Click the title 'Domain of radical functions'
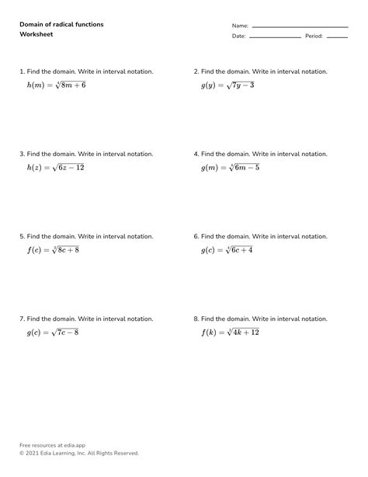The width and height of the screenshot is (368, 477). point(61,25)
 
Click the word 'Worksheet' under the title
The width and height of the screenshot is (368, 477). point(36,36)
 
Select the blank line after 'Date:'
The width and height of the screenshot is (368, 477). point(275,37)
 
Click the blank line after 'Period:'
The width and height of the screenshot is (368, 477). point(337,37)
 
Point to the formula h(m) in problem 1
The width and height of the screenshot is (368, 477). point(56,85)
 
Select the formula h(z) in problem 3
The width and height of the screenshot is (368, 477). point(55,167)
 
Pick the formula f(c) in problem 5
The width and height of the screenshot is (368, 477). point(54,250)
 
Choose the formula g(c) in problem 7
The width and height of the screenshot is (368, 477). point(53,333)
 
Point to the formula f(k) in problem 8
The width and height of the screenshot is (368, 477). point(230,333)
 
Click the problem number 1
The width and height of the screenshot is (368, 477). point(22,71)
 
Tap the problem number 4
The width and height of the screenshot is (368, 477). point(196,154)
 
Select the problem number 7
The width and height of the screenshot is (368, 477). point(22,319)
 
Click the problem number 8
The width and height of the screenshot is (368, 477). point(196,319)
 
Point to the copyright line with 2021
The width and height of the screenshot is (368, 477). point(79,453)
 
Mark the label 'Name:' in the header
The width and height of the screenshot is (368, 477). point(240,26)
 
